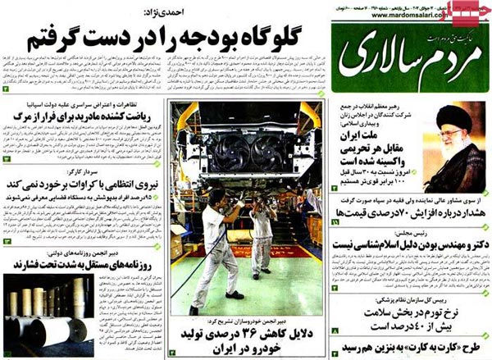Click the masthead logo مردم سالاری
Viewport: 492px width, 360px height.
[x=403, y=52]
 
